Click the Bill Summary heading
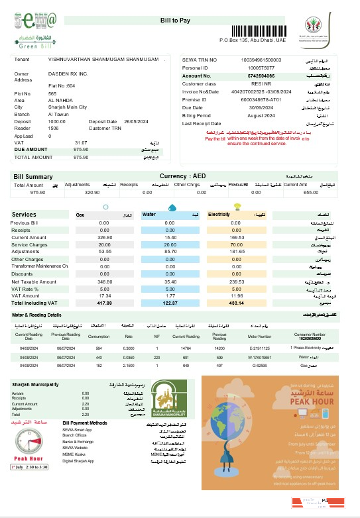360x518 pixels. point(33,176)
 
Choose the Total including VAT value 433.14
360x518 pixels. point(227,303)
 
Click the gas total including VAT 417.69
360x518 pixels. point(97,303)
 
